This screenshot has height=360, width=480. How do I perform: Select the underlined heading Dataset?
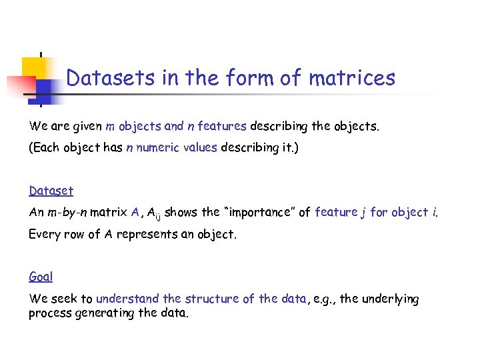click(x=51, y=191)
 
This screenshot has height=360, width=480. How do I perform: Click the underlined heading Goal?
click(x=41, y=276)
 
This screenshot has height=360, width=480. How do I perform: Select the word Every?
click(x=45, y=234)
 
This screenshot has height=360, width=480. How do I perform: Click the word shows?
click(x=181, y=212)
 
